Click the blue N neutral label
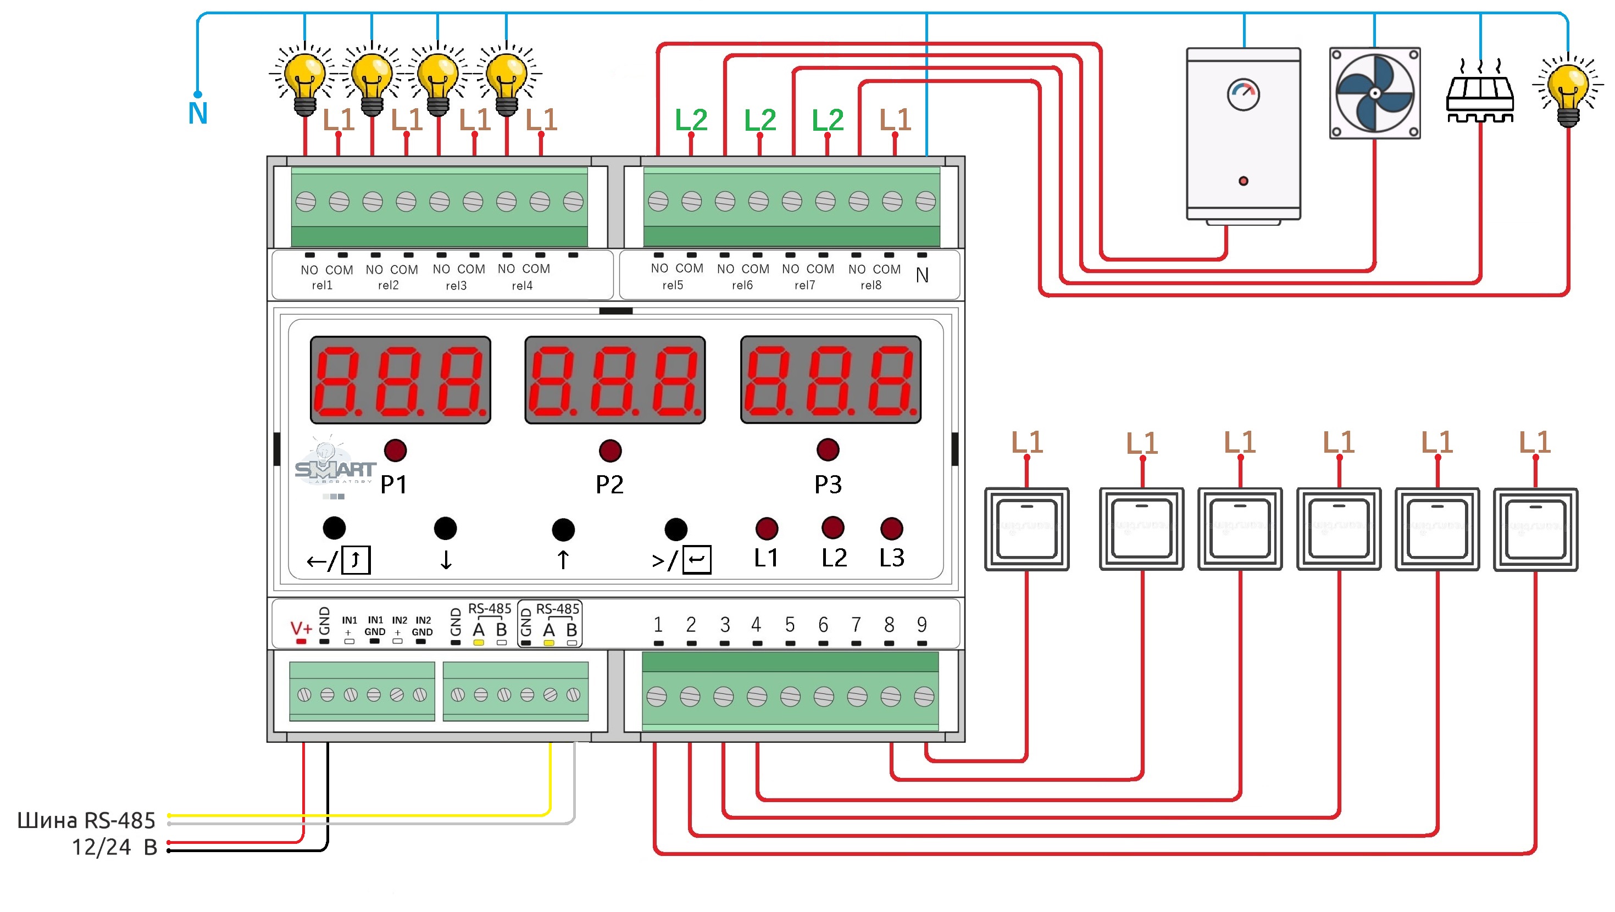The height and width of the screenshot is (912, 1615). tap(198, 114)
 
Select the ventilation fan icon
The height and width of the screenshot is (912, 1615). tap(1374, 93)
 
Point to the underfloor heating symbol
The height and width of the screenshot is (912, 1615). tap(1480, 94)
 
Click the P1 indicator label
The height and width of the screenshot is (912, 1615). tap(393, 485)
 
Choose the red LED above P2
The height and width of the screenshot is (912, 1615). tap(610, 450)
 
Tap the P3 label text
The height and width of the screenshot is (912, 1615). tap(828, 485)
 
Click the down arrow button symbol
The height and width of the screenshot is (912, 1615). tap(446, 559)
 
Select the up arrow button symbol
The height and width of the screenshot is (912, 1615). tap(563, 559)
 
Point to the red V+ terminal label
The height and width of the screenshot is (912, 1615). tap(301, 627)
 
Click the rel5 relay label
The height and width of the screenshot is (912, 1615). tap(673, 285)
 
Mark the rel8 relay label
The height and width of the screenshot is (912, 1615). tap(871, 285)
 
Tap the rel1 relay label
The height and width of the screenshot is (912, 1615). tap(322, 285)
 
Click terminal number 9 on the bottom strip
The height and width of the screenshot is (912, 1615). tap(922, 624)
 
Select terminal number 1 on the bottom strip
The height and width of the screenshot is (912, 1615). tap(658, 624)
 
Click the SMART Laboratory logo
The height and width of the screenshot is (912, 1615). tap(335, 468)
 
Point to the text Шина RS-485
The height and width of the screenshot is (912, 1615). tap(86, 820)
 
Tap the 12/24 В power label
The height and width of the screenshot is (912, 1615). tap(114, 847)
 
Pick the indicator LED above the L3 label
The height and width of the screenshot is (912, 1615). tap(891, 529)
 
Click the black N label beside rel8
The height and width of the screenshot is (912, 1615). tap(922, 275)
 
